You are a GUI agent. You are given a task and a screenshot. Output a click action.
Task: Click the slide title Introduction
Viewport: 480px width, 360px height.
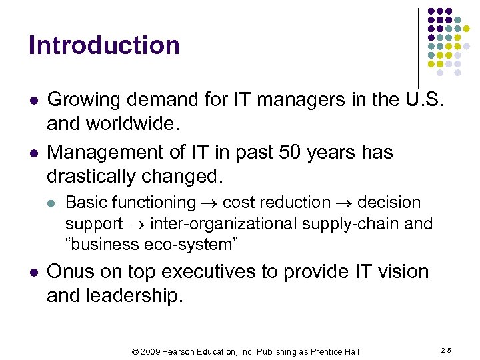coord(104,45)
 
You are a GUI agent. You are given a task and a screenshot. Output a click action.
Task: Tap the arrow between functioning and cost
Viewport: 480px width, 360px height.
coord(209,203)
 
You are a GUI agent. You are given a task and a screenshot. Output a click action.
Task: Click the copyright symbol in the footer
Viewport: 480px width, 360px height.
coord(136,351)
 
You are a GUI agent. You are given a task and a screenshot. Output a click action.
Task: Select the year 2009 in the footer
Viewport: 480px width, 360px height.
coord(151,351)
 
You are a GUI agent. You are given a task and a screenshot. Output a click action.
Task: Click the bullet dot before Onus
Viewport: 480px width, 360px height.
coord(33,273)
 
